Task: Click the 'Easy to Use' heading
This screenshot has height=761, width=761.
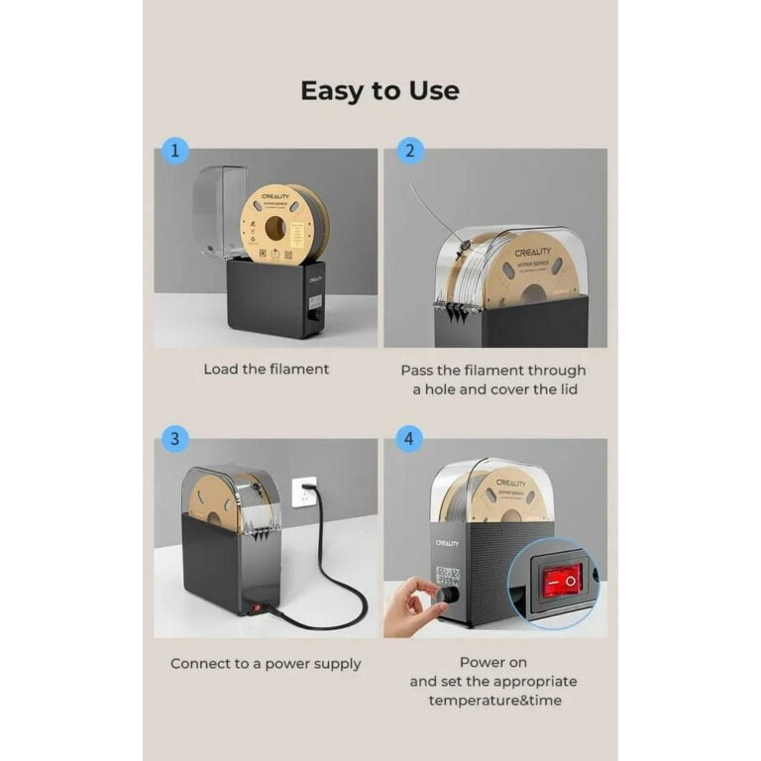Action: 380,91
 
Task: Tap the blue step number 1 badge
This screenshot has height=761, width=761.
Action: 174,152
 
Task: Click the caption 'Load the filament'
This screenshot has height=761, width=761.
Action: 266,369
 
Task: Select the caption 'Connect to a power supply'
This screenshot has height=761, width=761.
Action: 266,663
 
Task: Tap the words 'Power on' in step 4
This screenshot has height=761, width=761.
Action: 492,662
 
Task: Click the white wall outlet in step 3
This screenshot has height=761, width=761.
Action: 304,490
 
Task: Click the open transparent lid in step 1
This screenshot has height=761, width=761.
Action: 219,210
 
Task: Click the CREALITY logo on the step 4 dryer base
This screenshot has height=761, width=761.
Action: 447,543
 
